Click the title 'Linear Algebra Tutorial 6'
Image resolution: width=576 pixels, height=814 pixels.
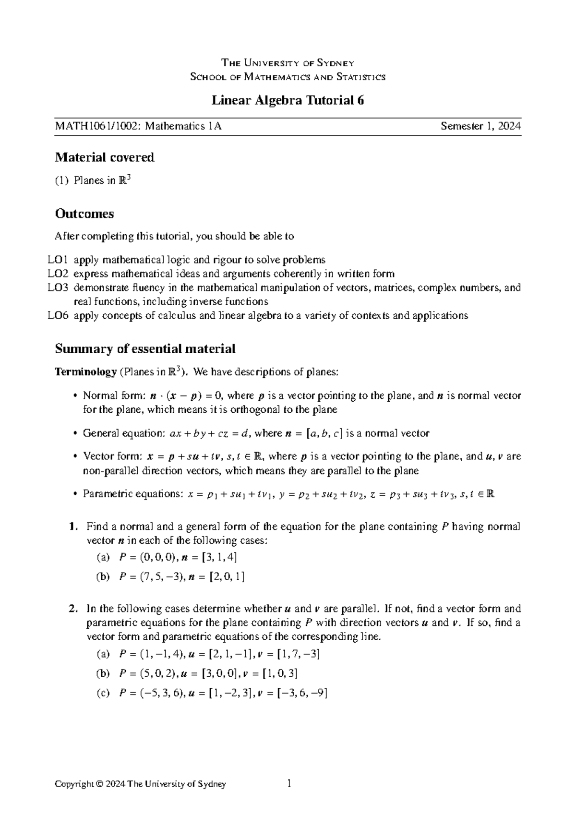coord(288,100)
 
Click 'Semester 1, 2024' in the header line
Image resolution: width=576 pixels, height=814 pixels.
coord(480,127)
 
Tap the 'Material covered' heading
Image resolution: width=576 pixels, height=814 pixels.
coord(105,157)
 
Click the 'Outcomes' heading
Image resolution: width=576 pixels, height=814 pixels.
coord(84,214)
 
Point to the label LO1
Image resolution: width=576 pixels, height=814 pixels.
coord(57,260)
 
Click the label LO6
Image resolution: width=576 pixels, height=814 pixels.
coord(57,316)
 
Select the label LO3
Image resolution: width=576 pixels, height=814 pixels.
coord(57,288)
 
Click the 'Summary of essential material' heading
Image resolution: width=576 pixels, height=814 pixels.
coord(145,349)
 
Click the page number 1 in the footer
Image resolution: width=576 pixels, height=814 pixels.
coord(289,784)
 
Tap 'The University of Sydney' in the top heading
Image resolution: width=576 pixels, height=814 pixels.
coord(288,63)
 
